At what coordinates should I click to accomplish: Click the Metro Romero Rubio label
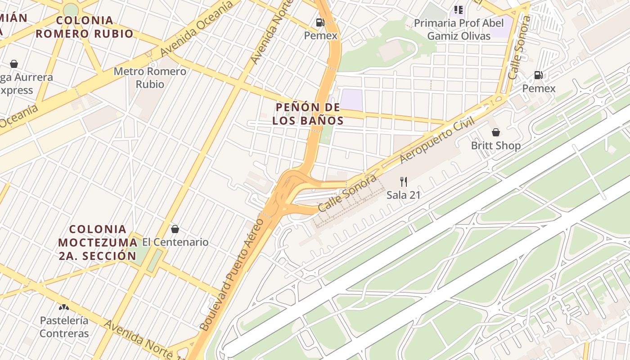pyautogui.click(x=150, y=77)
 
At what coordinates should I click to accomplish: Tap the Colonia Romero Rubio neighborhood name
pyautogui.click(x=85, y=27)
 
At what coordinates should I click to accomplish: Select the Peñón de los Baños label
pyautogui.click(x=308, y=114)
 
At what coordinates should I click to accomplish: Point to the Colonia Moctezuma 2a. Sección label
pyautogui.click(x=97, y=243)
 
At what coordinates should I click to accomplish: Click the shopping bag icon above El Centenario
pyautogui.click(x=175, y=229)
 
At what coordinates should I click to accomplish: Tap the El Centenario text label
pyautogui.click(x=175, y=242)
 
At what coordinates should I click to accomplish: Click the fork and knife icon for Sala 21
pyautogui.click(x=404, y=182)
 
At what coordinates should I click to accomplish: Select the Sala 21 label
pyautogui.click(x=404, y=195)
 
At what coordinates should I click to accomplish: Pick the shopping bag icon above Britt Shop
pyautogui.click(x=495, y=132)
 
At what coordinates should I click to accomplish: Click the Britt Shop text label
pyautogui.click(x=495, y=146)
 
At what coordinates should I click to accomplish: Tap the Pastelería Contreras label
pyautogui.click(x=64, y=327)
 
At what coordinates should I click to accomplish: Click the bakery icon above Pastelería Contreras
pyautogui.click(x=64, y=308)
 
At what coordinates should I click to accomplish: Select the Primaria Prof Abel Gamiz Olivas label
pyautogui.click(x=459, y=29)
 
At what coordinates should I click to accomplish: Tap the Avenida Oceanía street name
pyautogui.click(x=197, y=29)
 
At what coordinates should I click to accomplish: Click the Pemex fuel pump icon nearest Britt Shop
pyautogui.click(x=539, y=75)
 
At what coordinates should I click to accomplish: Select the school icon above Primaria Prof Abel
pyautogui.click(x=459, y=9)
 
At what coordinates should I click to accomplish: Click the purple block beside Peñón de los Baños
pyautogui.click(x=351, y=99)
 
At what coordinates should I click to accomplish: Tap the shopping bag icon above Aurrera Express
pyautogui.click(x=14, y=64)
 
